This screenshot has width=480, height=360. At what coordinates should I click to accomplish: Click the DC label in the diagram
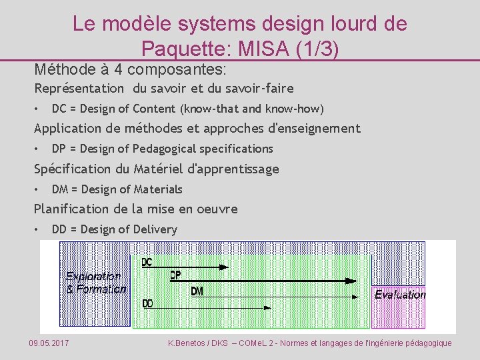147,262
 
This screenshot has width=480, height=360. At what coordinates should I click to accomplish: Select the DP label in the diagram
175,275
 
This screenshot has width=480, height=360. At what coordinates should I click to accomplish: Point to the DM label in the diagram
197,291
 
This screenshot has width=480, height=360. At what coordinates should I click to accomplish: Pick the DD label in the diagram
147,303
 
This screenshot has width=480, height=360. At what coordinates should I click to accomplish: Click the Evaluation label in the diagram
400,294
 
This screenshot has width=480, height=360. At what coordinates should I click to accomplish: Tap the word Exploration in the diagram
93,276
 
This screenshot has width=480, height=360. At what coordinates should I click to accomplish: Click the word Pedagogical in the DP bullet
169,149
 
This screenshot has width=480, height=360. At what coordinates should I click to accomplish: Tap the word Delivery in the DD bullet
155,229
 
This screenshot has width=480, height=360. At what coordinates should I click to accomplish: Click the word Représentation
79,88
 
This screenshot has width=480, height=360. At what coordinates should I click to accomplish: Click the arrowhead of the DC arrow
225,267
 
